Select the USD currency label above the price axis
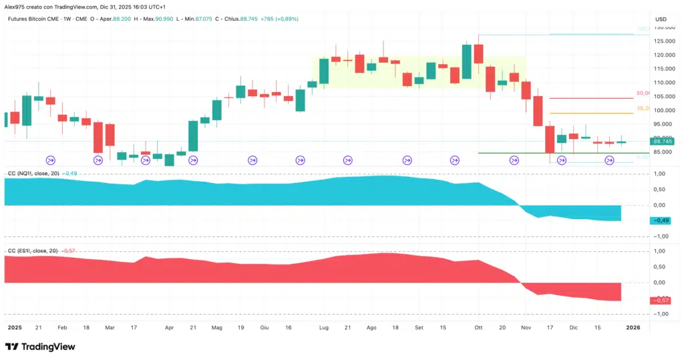click(660, 19)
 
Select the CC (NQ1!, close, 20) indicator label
click(33, 174)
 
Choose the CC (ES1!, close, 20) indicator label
click(32, 251)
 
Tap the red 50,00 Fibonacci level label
click(643, 94)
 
